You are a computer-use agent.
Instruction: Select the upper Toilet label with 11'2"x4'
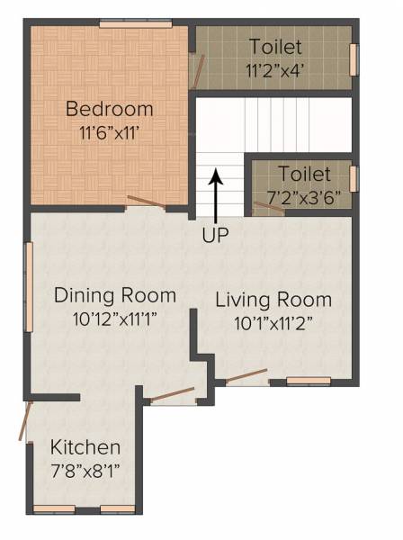tap(276, 47)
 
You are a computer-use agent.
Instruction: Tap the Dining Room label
tap(115, 295)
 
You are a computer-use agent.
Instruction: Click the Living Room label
tap(273, 300)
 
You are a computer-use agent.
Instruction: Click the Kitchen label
tap(85, 447)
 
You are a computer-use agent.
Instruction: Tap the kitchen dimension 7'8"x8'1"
tap(85, 469)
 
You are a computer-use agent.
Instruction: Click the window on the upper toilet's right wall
tap(354, 58)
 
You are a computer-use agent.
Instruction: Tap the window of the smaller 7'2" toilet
tap(354, 178)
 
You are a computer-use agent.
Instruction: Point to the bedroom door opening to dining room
tap(146, 202)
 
